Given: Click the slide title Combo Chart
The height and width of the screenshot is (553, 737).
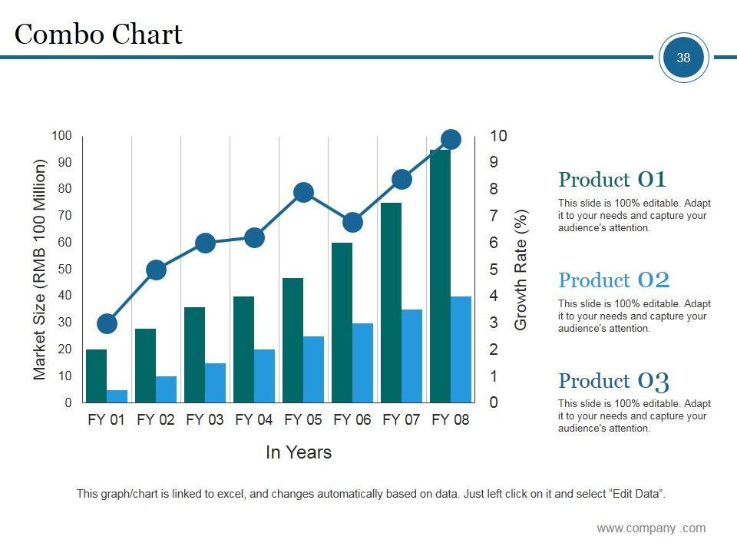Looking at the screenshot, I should coord(98,35).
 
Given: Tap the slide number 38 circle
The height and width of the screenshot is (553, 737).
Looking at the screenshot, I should coord(683,58).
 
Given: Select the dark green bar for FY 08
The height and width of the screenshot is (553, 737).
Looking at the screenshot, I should coord(440,276).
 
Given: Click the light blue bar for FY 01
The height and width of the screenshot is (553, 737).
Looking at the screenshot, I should coord(117,396).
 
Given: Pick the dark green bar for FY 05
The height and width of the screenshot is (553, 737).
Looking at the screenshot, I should coord(292,340).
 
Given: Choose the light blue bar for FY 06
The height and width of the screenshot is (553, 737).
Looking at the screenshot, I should coord(362,363).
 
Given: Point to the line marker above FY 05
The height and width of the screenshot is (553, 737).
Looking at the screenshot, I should coord(303,192).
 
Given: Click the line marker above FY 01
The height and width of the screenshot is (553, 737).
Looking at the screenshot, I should coord(107,323).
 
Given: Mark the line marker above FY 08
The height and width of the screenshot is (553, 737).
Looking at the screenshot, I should coord(451,139).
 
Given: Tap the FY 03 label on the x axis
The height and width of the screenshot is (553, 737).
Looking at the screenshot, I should coord(205,420).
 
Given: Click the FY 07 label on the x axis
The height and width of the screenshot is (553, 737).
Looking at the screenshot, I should coord(402,420).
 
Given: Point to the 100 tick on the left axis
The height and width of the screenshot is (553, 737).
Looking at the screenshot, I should coord(62,136).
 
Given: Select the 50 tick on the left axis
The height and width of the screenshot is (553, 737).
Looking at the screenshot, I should coord(64,270).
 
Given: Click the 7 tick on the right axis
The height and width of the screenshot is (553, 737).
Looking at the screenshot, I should coord(494,216).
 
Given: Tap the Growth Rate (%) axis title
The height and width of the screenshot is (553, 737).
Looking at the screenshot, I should coord(522,270).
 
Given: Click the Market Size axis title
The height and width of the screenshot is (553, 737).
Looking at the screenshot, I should coord(40,270).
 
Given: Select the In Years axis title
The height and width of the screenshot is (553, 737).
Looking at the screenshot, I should coord(299,452).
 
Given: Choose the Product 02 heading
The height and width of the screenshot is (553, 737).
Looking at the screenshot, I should coord(613,280).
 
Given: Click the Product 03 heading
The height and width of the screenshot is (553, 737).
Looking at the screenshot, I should coord(613,381).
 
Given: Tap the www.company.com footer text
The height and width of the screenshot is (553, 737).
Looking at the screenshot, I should coord(651,528).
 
